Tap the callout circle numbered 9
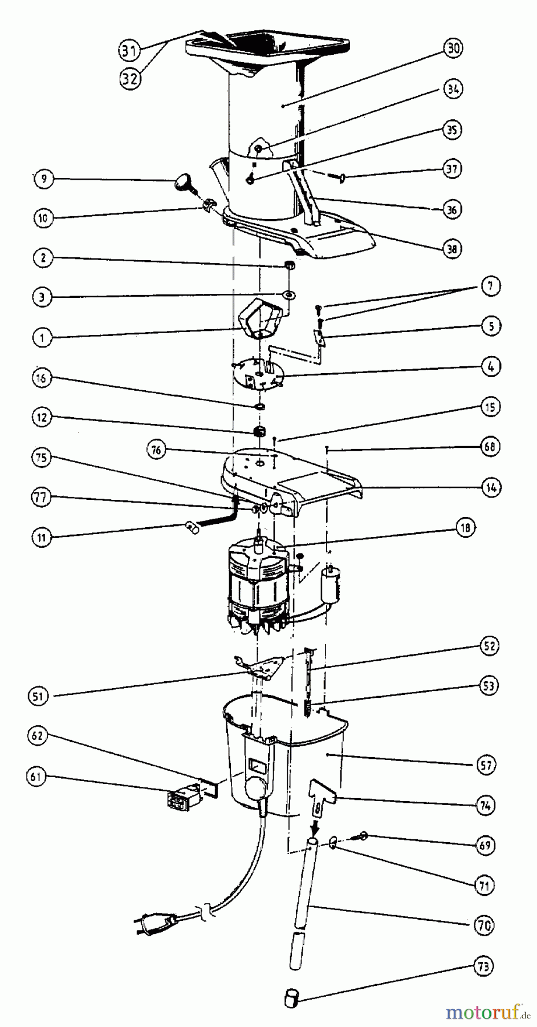click(43, 179)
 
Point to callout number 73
click(485, 966)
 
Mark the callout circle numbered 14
click(491, 487)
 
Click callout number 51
click(37, 696)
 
